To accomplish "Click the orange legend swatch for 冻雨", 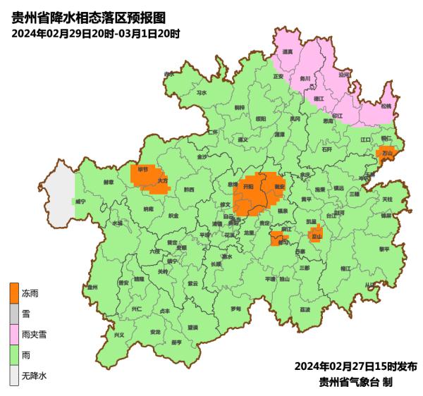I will click(13, 291).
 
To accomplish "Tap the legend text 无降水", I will click(33, 376).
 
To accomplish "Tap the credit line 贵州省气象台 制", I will click(355, 382).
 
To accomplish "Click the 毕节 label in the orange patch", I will click(143, 170).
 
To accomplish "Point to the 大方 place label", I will click(163, 180).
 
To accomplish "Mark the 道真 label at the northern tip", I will click(287, 51).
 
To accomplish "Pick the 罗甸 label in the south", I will click(235, 309).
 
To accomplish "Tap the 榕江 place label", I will click(345, 268).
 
